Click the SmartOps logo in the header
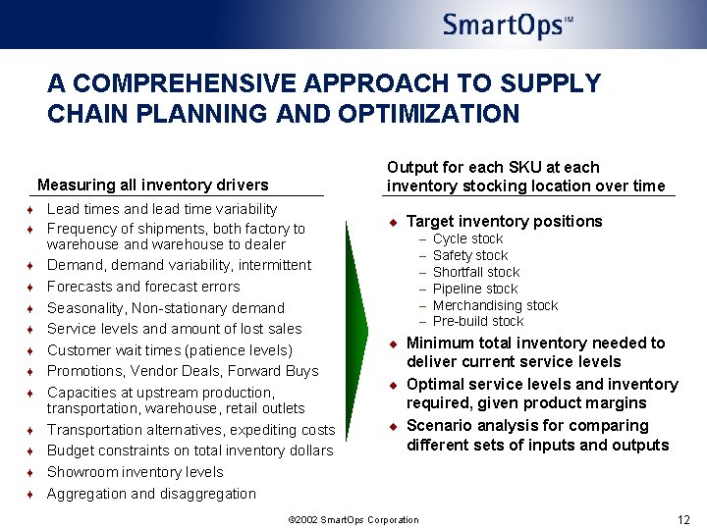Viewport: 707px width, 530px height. point(507,25)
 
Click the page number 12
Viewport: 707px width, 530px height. point(683,519)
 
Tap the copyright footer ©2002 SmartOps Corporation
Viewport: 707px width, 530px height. point(353,520)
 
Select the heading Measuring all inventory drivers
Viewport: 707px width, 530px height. point(152,185)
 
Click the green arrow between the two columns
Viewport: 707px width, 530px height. point(357,324)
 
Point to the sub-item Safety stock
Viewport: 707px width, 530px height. point(470,255)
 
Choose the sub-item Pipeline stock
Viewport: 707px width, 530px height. point(475,289)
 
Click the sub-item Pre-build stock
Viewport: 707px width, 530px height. point(478,321)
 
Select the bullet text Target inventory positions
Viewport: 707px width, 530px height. point(504,221)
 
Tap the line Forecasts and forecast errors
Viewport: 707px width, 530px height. point(143,287)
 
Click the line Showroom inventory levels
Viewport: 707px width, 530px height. point(136,472)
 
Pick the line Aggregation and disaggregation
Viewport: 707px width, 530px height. point(151,494)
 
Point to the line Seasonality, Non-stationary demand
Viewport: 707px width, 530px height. point(166,308)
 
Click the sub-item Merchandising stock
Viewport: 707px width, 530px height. point(495,305)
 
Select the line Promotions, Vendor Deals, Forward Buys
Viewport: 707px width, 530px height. point(183,371)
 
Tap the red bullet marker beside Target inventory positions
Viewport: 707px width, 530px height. point(391,222)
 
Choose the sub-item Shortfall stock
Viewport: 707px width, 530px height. point(476,272)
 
